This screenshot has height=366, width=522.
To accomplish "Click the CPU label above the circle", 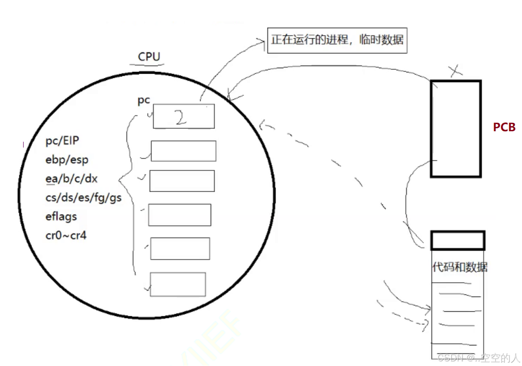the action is (x=149, y=56).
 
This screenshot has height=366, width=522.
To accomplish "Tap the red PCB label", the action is (x=504, y=127).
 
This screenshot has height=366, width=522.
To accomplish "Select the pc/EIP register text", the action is (x=62, y=141).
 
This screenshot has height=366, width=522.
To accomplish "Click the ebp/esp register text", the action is (x=67, y=160).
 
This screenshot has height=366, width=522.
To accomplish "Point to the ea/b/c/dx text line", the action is (x=71, y=179).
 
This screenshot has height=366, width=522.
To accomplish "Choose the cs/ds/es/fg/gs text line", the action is (x=83, y=197).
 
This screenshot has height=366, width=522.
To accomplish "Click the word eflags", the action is (x=61, y=216).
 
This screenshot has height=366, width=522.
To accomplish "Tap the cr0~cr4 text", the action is (x=66, y=235).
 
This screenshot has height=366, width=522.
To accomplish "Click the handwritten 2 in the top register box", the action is (x=180, y=118).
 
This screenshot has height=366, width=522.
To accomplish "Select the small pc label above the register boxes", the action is (x=144, y=101).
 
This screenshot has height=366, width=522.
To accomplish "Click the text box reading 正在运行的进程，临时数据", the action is (x=337, y=40).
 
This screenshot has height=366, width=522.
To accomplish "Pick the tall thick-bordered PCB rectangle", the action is (x=456, y=128).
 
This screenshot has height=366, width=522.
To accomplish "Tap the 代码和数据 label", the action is (x=460, y=267).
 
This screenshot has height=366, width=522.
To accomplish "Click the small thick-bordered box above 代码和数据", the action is (x=458, y=240).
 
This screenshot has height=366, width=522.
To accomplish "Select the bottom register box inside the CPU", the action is (x=178, y=284).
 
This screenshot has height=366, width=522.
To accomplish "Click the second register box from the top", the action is (x=183, y=151).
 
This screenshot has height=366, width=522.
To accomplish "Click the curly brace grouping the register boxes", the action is (x=126, y=181).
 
